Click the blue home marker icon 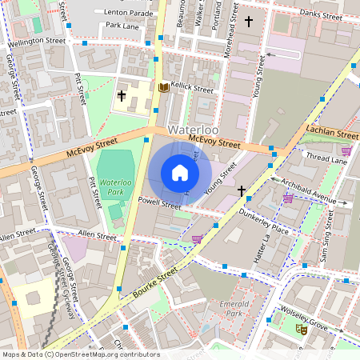180,173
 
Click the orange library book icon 164,87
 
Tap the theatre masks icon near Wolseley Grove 301,329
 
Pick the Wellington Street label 38,40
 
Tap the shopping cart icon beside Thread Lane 346,150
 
